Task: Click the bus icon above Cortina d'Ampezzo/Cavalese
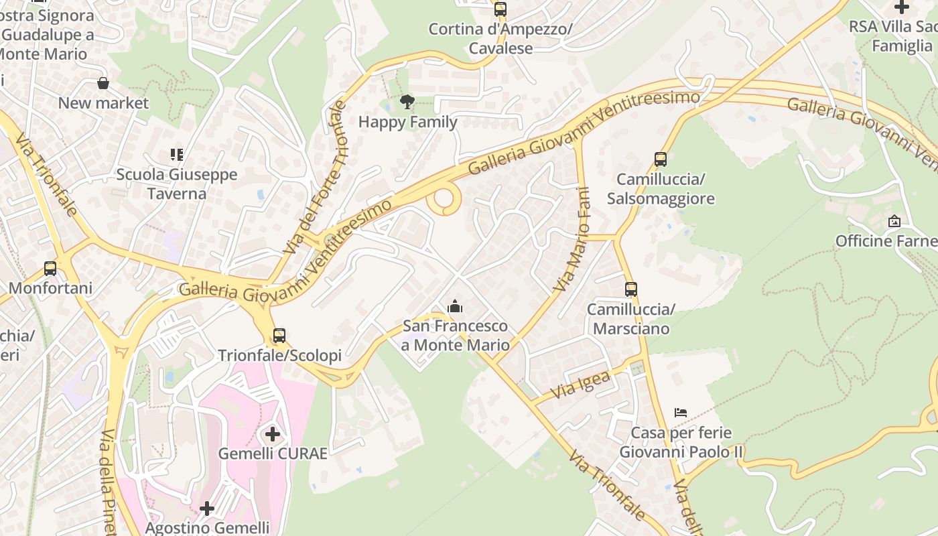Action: click(x=500, y=9)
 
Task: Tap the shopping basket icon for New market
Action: click(x=103, y=83)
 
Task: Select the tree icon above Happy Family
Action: click(x=407, y=102)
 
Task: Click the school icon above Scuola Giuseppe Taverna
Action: click(x=177, y=155)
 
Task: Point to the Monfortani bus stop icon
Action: click(x=50, y=269)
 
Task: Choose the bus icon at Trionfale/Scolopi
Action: click(x=279, y=336)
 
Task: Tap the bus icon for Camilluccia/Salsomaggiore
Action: click(x=661, y=159)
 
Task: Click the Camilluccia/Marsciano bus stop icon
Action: click(x=631, y=289)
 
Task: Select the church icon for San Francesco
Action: click(x=456, y=307)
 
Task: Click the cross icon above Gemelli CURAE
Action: click(x=273, y=434)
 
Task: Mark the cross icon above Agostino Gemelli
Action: click(x=207, y=509)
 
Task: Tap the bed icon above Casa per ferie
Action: click(x=681, y=413)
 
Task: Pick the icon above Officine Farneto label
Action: click(x=894, y=221)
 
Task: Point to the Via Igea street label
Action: click(x=581, y=385)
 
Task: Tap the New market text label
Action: click(x=103, y=103)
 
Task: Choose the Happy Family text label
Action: click(x=407, y=122)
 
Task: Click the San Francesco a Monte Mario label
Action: click(x=456, y=336)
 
